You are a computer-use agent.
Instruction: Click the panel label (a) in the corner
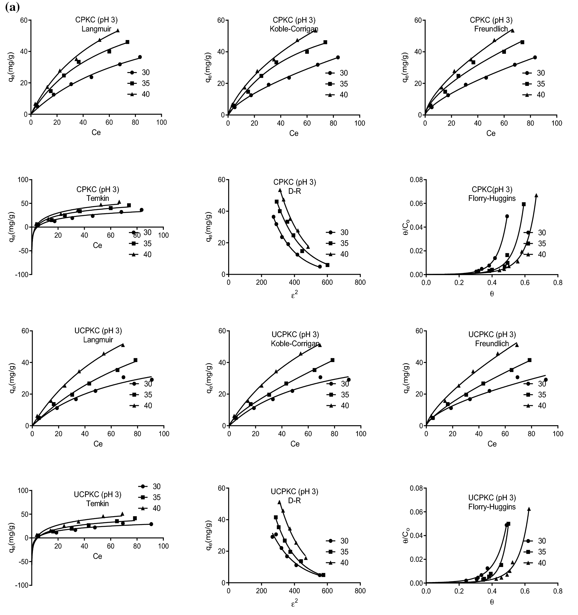tap(12, 7)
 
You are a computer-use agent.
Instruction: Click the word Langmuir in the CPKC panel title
tap(96, 29)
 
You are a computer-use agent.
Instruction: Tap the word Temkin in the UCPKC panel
tap(97, 503)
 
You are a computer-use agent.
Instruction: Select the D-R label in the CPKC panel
tap(294, 191)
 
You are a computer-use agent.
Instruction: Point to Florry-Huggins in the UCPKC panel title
tap(492, 507)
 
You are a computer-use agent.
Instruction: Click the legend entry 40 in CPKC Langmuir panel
tap(146, 94)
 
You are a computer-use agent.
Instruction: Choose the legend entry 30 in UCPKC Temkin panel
tap(156, 486)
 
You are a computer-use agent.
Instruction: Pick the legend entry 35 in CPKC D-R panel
tap(344, 243)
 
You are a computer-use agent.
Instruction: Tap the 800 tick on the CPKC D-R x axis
tap(360, 282)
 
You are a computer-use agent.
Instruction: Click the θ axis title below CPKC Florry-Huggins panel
tap(492, 293)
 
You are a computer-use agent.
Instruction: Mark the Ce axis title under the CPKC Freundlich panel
tap(491, 133)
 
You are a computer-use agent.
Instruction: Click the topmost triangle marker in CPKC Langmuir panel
tap(118, 31)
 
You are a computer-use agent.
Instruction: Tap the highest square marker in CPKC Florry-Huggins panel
tap(524, 204)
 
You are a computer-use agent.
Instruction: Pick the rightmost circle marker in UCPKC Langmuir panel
tap(151, 380)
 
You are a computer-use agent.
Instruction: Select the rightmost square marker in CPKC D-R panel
tap(327, 265)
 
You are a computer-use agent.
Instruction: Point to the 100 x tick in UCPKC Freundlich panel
tap(558, 434)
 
